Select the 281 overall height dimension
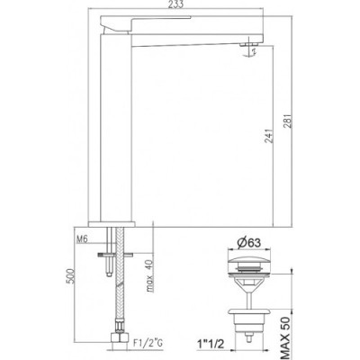pos(287,121)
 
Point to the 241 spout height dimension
pos(269,136)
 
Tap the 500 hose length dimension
pos(69,276)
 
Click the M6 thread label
pos(82,239)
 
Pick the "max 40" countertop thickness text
pos(149,276)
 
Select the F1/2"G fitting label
pos(148,343)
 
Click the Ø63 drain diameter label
pos(247,243)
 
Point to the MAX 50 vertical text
pos(286,337)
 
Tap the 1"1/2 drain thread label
pos(211,344)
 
